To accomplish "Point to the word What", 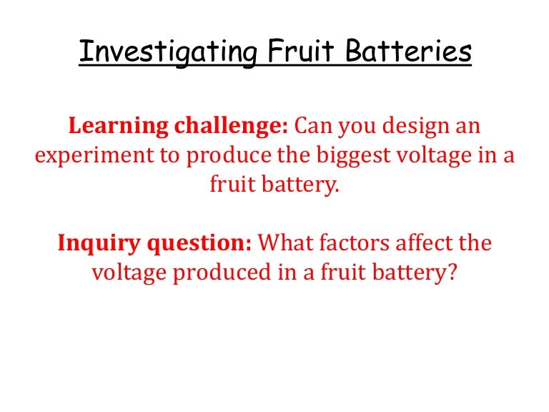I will click(285, 243).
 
